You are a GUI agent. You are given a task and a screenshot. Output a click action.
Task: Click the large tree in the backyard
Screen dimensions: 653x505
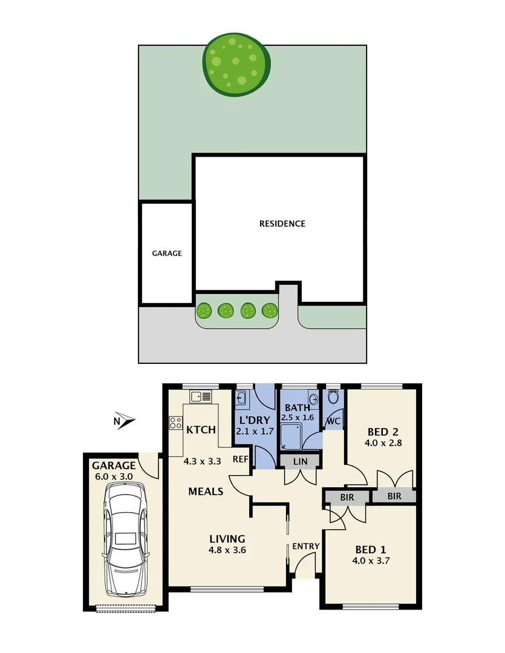coord(235,65)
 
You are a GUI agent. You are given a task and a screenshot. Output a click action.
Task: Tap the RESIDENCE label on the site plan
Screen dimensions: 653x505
coord(282,224)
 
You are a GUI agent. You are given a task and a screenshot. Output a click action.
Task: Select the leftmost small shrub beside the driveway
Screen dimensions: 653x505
coord(204,311)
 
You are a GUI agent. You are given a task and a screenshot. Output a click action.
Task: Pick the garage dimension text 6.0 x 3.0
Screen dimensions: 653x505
coord(113,476)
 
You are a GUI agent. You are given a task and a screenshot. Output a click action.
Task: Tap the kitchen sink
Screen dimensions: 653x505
coord(200,397)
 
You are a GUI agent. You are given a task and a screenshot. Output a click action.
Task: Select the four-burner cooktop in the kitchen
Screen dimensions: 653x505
coord(176,423)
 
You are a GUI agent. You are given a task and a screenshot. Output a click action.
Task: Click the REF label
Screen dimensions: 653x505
coord(241,460)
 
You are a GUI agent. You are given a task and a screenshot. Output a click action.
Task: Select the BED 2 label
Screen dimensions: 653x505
coord(383,432)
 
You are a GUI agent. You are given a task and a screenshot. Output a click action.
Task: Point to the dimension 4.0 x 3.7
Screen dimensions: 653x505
coord(371,560)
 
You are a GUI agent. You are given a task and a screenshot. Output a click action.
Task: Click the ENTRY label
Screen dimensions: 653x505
coord(305,547)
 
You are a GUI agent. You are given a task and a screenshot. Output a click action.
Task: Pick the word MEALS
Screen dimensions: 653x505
coord(205,492)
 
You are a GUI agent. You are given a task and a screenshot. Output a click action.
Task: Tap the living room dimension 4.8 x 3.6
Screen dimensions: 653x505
coord(227,550)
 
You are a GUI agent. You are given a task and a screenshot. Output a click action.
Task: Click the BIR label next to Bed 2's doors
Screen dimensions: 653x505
coord(394,496)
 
